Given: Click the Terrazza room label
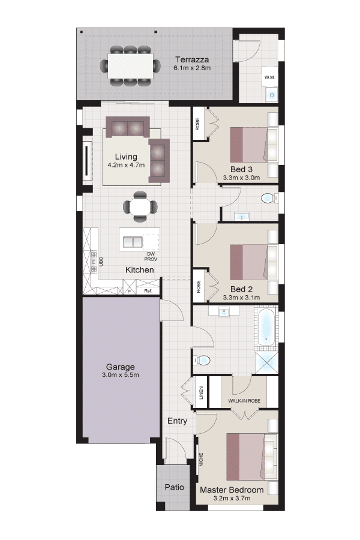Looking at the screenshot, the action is tap(192, 59).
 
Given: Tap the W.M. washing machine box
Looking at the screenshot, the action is tap(270, 77).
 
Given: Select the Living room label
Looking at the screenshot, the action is tap(126, 157).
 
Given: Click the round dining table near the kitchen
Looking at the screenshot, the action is tap(140, 206).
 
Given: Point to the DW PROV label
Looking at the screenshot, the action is tap(151, 256).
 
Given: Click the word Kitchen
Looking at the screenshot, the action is tap(140, 269).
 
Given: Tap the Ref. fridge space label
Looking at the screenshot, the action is tap(148, 291).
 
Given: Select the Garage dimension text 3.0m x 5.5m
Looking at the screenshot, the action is tap(121, 374).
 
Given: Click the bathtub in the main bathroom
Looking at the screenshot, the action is tap(266, 328).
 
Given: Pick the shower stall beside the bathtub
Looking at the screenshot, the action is tap(266, 362).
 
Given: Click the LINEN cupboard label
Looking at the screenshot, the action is tap(201, 392).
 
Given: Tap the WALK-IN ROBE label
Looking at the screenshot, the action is tap(244, 401).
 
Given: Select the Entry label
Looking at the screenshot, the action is tap(177, 421).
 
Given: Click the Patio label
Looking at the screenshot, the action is tap(175, 487).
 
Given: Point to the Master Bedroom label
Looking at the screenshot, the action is tap(232, 490).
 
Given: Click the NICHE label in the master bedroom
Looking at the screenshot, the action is tap(201, 460).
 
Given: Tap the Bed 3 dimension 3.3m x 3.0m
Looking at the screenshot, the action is tap(241, 178).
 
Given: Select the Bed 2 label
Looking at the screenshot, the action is tap(241, 289).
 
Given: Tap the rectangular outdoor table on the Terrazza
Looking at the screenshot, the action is tap(131, 66).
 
